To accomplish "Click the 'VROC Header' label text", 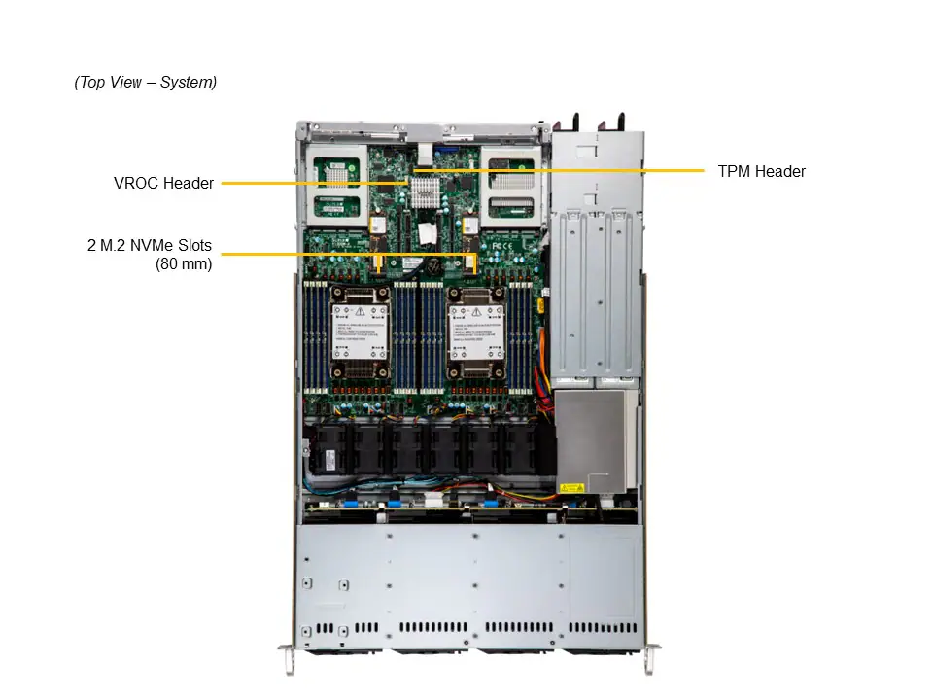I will click(x=163, y=183).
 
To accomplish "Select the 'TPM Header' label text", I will click(x=761, y=171).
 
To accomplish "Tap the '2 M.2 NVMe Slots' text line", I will click(x=149, y=245).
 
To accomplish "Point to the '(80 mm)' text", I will click(x=184, y=262).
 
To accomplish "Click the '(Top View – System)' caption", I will click(x=146, y=83).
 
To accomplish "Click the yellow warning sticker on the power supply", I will click(x=570, y=486).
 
